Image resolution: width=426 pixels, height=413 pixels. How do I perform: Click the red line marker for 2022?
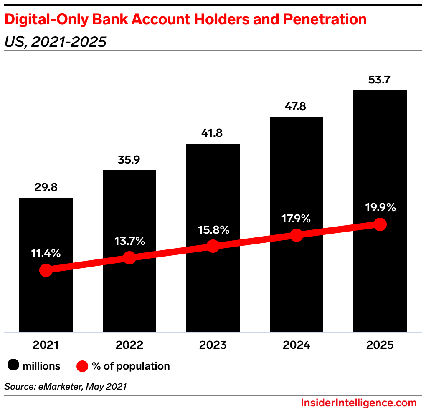click(x=129, y=258)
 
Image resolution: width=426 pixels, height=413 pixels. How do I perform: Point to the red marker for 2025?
click(x=380, y=224)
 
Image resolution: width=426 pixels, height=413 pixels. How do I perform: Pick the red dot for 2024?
click(x=296, y=235)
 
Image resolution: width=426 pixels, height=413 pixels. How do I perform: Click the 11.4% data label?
click(x=46, y=253)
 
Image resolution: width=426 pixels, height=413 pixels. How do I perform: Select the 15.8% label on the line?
click(x=213, y=229)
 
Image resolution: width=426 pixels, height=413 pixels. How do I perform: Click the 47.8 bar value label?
click(x=296, y=107)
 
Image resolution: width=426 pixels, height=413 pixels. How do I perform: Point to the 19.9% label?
click(x=380, y=207)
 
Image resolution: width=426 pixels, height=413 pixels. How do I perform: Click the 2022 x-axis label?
click(x=129, y=345)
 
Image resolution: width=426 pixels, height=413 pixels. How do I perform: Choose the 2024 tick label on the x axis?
click(x=296, y=345)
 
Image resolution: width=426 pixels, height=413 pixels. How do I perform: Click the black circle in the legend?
click(x=13, y=366)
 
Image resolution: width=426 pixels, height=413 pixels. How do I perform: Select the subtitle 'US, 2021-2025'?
click(x=56, y=41)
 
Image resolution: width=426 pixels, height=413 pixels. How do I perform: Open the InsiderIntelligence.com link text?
click(x=358, y=403)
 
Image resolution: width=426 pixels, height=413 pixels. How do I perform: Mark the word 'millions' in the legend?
click(x=41, y=366)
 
